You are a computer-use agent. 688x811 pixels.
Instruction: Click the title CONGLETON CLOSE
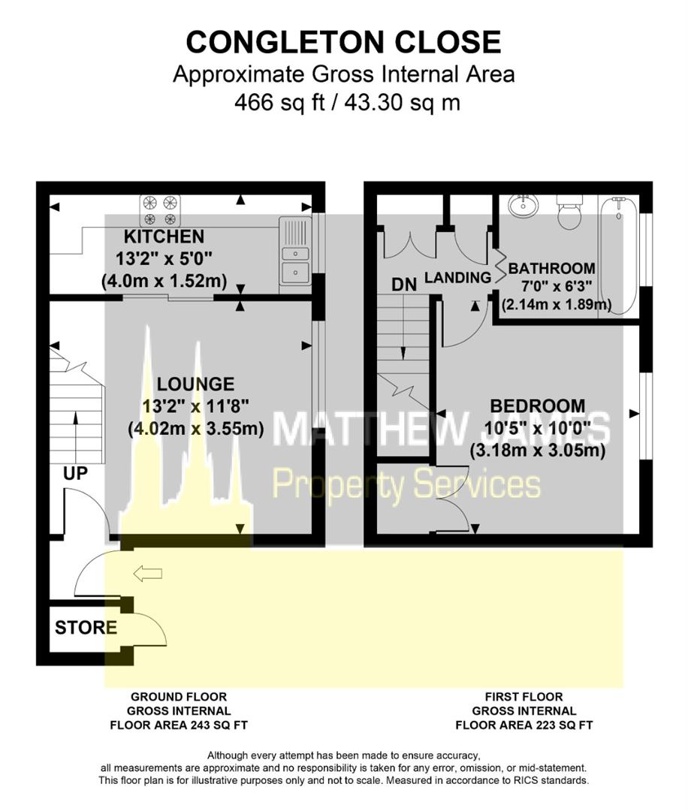pyautogui.click(x=343, y=42)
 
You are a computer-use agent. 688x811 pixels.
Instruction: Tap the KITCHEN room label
pyautogui.click(x=164, y=237)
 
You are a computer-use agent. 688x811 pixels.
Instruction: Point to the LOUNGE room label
pyautogui.click(x=195, y=384)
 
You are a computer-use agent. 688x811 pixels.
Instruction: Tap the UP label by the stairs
pyautogui.click(x=76, y=473)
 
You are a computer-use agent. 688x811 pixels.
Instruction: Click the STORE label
pyautogui.click(x=86, y=628)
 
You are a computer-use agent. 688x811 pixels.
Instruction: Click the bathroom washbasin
pyautogui.click(x=522, y=204)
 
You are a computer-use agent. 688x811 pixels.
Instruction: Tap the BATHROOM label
pyautogui.click(x=552, y=268)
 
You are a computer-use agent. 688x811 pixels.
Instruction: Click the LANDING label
pyautogui.click(x=457, y=278)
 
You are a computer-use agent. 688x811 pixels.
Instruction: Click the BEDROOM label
pyautogui.click(x=537, y=406)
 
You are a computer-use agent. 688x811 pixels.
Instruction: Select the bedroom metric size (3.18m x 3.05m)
pyautogui.click(x=537, y=452)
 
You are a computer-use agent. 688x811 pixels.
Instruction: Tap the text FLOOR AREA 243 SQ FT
pyautogui.click(x=179, y=725)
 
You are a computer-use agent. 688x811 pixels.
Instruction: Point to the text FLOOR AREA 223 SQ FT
pyautogui.click(x=524, y=725)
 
